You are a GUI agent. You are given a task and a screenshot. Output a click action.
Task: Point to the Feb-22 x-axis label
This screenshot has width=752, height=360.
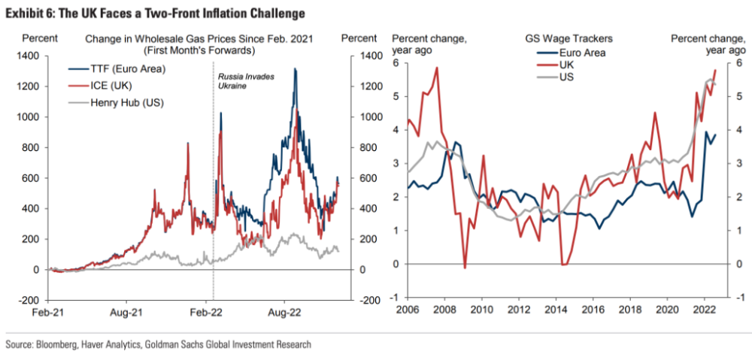pyautogui.click(x=207, y=310)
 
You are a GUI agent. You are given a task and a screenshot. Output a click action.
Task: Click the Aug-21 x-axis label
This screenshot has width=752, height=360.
pyautogui.click(x=127, y=310)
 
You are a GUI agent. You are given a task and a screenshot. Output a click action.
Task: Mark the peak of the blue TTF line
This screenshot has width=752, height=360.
pyautogui.click(x=295, y=69)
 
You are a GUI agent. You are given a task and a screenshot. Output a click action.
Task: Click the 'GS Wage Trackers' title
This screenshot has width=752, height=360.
pyautogui.click(x=569, y=38)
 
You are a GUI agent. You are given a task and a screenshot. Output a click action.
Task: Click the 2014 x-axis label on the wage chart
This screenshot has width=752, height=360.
pyautogui.click(x=556, y=310)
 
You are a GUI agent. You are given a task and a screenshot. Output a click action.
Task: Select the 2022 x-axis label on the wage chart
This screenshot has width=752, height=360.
pyautogui.click(x=704, y=310)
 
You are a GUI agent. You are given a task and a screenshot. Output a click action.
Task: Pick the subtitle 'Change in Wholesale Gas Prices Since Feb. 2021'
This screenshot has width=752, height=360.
pyautogui.click(x=199, y=38)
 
